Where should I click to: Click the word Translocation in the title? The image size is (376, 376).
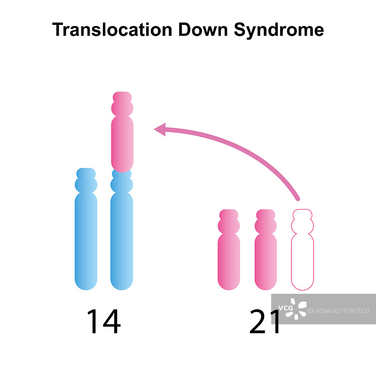point(112,30)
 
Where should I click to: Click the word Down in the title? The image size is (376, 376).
point(203,30)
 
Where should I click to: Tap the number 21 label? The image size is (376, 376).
point(266,321)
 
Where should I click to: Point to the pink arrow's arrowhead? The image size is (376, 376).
point(161,129)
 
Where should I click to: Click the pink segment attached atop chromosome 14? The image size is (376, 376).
point(122,141)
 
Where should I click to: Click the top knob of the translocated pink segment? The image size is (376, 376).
point(122,97)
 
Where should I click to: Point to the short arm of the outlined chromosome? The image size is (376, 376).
point(302,221)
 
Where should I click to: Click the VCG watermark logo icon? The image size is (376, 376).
point(298,309)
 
